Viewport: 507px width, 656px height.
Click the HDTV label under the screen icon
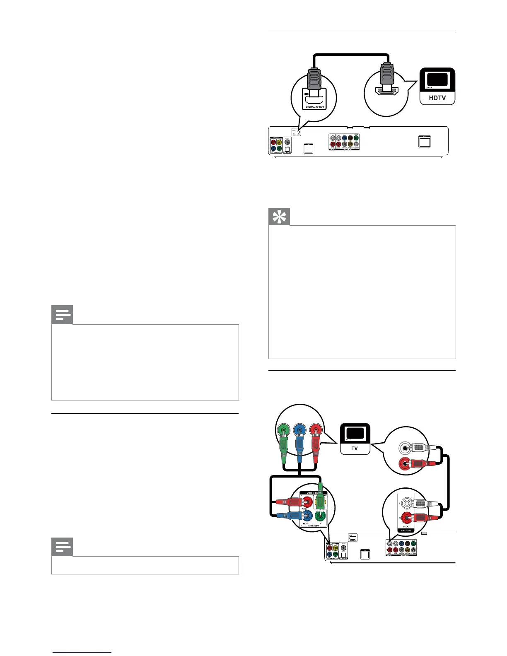click(x=437, y=98)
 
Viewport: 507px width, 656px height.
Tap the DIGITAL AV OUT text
click(x=314, y=107)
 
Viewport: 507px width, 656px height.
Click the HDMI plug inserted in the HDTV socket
click(x=386, y=77)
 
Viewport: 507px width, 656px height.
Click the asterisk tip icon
click(x=279, y=217)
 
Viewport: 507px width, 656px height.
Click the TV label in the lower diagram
click(x=355, y=448)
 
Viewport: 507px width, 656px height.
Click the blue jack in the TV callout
click(x=299, y=431)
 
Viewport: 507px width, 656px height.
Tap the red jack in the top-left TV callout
click(x=316, y=431)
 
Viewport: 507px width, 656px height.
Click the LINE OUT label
click(x=406, y=530)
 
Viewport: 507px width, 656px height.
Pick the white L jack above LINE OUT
click(x=407, y=504)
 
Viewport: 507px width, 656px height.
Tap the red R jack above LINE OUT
click(x=407, y=517)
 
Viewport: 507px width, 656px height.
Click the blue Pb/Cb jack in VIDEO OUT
click(x=308, y=516)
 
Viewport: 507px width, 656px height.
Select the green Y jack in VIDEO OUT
click(x=320, y=516)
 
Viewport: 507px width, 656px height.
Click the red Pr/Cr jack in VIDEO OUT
click(x=308, y=503)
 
